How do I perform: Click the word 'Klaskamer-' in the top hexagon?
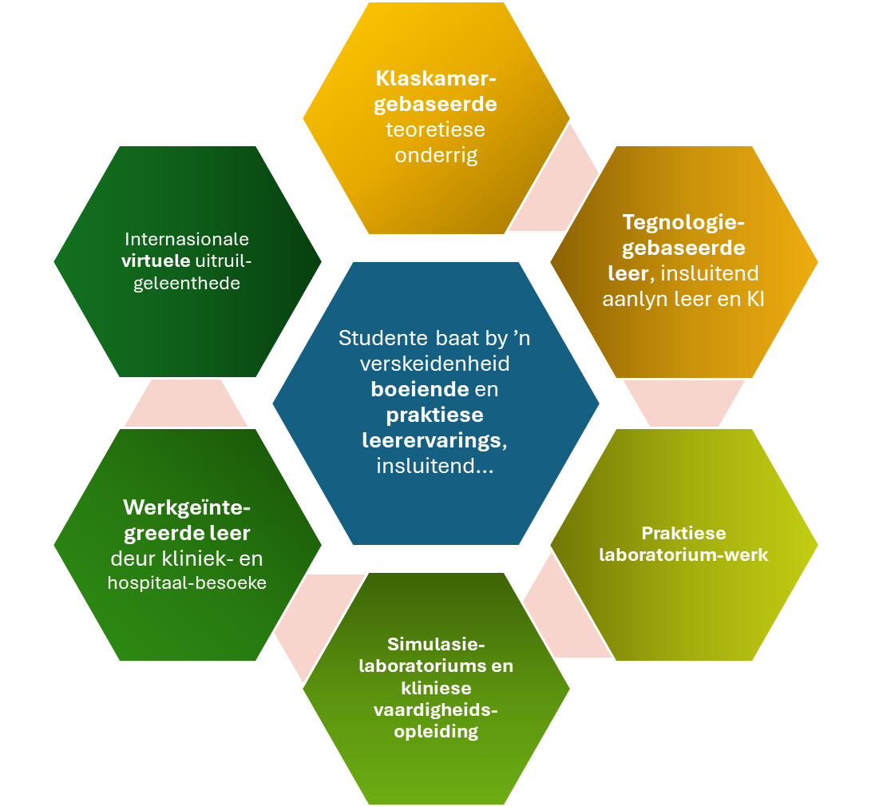[x=436, y=80]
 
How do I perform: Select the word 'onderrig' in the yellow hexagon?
[x=436, y=154]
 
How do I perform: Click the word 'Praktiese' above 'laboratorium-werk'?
[x=683, y=533]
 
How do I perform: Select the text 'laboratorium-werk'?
[x=683, y=554]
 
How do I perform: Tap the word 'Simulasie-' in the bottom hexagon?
[x=436, y=644]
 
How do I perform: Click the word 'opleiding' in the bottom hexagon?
[x=436, y=731]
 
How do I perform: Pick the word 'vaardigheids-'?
[x=436, y=710]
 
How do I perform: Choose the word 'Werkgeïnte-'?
[x=187, y=507]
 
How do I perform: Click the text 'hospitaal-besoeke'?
[x=187, y=582]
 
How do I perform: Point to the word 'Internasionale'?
[x=187, y=239]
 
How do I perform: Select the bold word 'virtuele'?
[x=156, y=260]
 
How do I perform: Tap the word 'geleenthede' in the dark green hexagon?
[x=187, y=283]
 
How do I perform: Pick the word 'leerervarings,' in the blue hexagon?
[x=436, y=440]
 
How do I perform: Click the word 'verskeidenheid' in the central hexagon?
[x=435, y=364]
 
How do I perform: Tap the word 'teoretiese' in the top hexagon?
[x=436, y=129]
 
